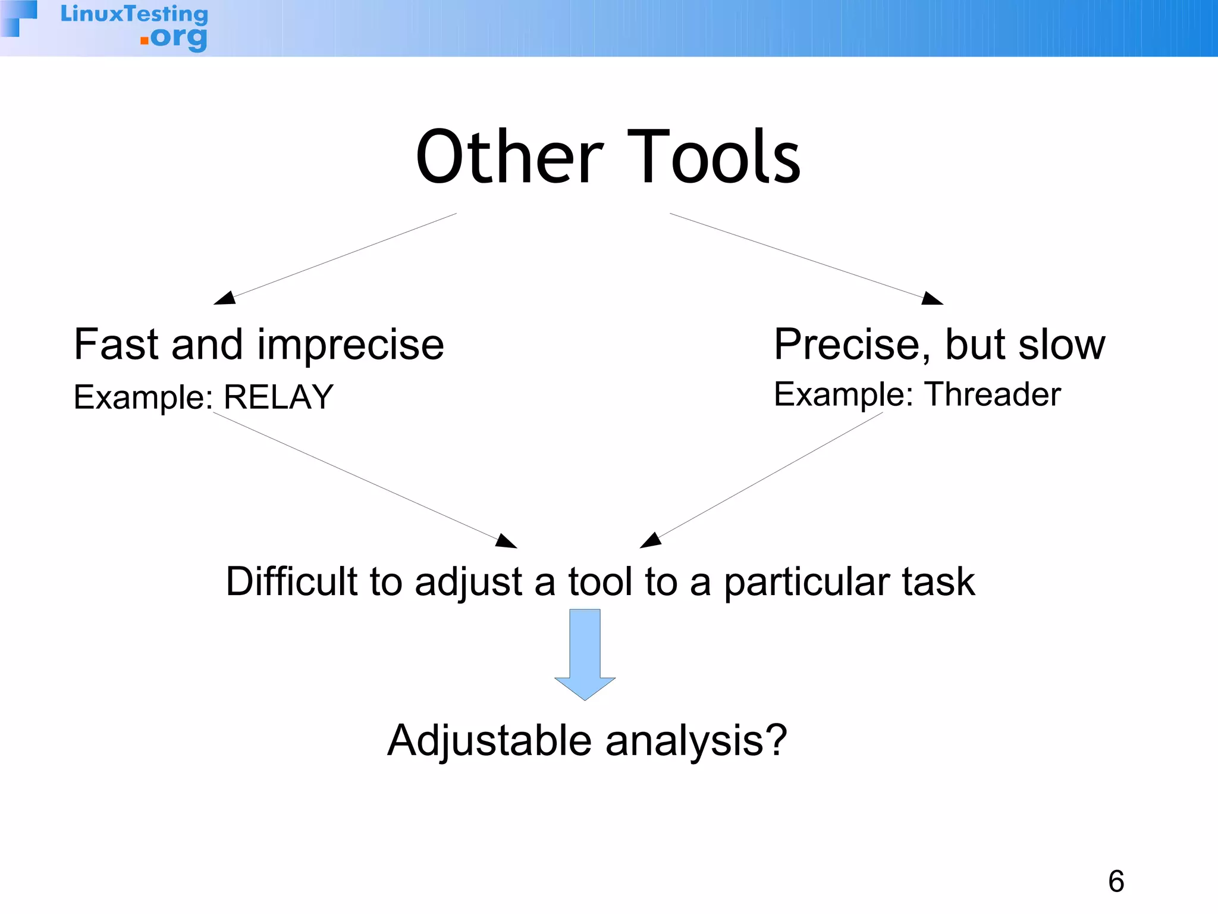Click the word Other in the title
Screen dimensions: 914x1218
tap(510, 158)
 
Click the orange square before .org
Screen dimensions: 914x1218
tap(144, 40)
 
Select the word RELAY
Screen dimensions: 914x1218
tap(278, 397)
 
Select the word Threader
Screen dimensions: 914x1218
tap(993, 395)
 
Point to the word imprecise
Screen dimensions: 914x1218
tap(350, 346)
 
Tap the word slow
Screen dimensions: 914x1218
tap(1062, 345)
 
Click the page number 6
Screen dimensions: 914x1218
tap(1116, 881)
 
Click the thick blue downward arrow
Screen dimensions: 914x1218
tap(585, 655)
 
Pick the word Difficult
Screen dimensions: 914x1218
tap(291, 581)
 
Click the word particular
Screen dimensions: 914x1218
tap(806, 583)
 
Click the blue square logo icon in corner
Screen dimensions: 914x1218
tap(18, 18)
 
